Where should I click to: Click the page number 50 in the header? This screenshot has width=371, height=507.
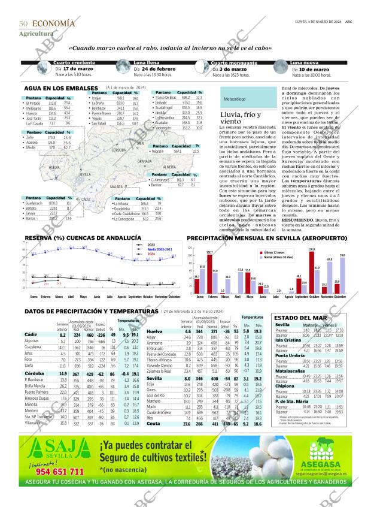tap(23, 23)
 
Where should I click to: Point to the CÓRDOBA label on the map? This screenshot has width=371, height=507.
tap(118, 150)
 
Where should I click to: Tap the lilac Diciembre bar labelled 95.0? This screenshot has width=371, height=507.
tap(342, 274)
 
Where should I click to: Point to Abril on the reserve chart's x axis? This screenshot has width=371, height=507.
tap(72, 297)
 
